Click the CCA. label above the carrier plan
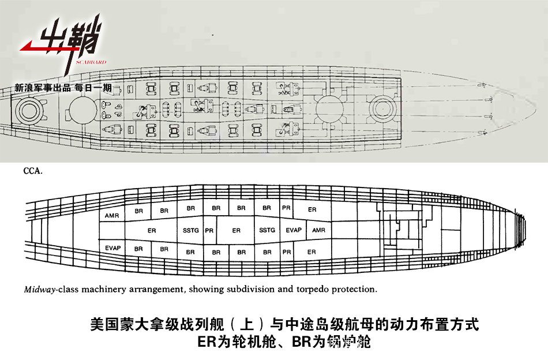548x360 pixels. click(32, 171)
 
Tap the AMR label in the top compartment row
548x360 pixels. click(112, 216)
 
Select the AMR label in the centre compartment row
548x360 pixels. click(318, 230)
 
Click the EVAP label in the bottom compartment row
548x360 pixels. click(113, 248)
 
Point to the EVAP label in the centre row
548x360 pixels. click(294, 230)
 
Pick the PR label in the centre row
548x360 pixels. click(209, 230)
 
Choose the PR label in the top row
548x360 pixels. click(286, 208)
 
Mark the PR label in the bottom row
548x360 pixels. click(287, 252)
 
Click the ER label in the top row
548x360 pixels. click(312, 209)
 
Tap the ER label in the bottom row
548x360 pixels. click(311, 252)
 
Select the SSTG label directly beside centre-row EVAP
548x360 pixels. click(267, 230)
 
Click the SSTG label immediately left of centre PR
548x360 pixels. click(190, 230)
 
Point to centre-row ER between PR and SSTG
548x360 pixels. click(237, 230)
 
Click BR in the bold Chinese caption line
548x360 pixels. click(303, 342)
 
